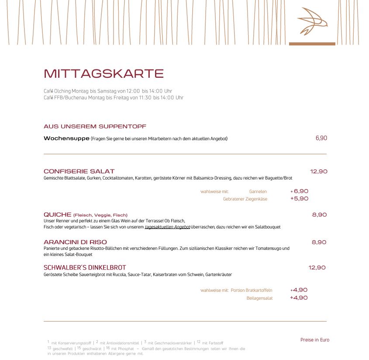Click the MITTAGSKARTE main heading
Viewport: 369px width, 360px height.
click(103, 73)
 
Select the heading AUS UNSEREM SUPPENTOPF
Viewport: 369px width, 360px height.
click(95, 126)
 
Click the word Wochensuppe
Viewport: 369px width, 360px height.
click(66, 138)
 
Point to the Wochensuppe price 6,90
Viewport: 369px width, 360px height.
click(321, 138)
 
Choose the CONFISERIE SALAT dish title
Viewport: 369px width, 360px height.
click(79, 171)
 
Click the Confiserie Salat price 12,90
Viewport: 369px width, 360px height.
click(319, 171)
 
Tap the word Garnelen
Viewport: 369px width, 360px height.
click(258, 191)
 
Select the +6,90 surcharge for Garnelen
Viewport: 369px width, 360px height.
click(300, 191)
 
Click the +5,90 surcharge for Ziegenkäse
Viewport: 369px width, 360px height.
click(300, 198)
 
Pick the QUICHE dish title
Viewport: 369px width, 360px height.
click(58, 215)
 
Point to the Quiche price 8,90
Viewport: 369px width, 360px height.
click(319, 215)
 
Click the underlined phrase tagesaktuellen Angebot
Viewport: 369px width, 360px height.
click(168, 227)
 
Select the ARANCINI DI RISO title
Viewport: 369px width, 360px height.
click(75, 242)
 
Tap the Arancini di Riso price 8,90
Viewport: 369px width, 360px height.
click(319, 242)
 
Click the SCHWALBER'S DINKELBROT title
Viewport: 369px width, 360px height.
click(85, 267)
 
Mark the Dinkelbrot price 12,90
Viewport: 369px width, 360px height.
click(317, 267)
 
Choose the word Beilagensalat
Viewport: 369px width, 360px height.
click(260, 298)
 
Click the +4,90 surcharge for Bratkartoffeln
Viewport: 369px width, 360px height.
click(299, 290)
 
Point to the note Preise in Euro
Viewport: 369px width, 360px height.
click(315, 340)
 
